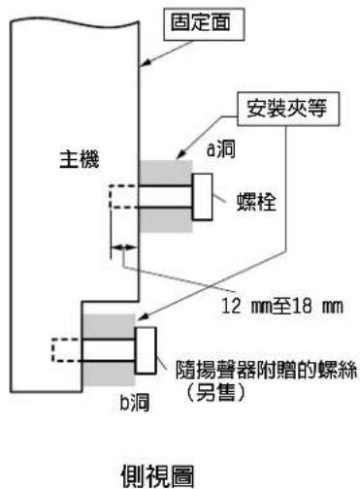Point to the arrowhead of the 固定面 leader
pyautogui.click(x=145, y=63)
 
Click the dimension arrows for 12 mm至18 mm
pyautogui.click(x=125, y=249)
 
